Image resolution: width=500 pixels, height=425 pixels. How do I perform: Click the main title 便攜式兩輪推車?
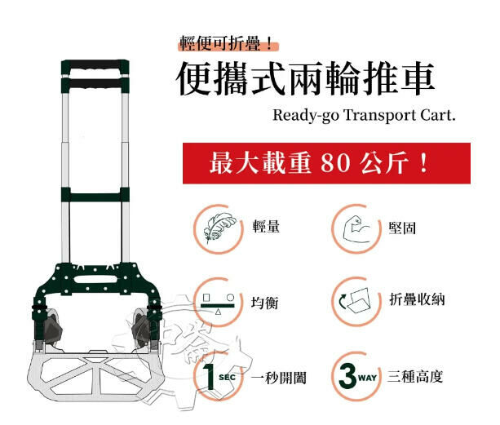(306, 79)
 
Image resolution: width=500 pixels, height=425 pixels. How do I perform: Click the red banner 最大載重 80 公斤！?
(318, 162)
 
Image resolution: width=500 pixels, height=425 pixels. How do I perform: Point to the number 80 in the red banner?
(338, 163)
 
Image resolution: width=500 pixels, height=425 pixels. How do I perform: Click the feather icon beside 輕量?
(218, 225)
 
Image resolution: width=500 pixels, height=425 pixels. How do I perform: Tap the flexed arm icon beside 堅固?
(355, 226)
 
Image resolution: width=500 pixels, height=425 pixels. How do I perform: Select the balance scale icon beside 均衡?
(218, 301)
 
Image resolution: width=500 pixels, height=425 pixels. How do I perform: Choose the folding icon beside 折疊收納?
(355, 301)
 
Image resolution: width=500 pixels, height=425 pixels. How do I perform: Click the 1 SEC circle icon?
(218, 376)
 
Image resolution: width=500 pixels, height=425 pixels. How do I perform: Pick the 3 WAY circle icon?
(355, 376)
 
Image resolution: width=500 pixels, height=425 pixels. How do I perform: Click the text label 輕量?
(267, 226)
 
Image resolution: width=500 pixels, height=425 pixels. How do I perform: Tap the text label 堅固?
(403, 227)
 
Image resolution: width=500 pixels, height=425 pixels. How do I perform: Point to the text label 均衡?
(266, 302)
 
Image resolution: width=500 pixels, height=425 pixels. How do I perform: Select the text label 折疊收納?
(416, 301)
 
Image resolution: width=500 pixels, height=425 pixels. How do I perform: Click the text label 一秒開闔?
(279, 377)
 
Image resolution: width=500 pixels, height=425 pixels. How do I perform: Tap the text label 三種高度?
(416, 377)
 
